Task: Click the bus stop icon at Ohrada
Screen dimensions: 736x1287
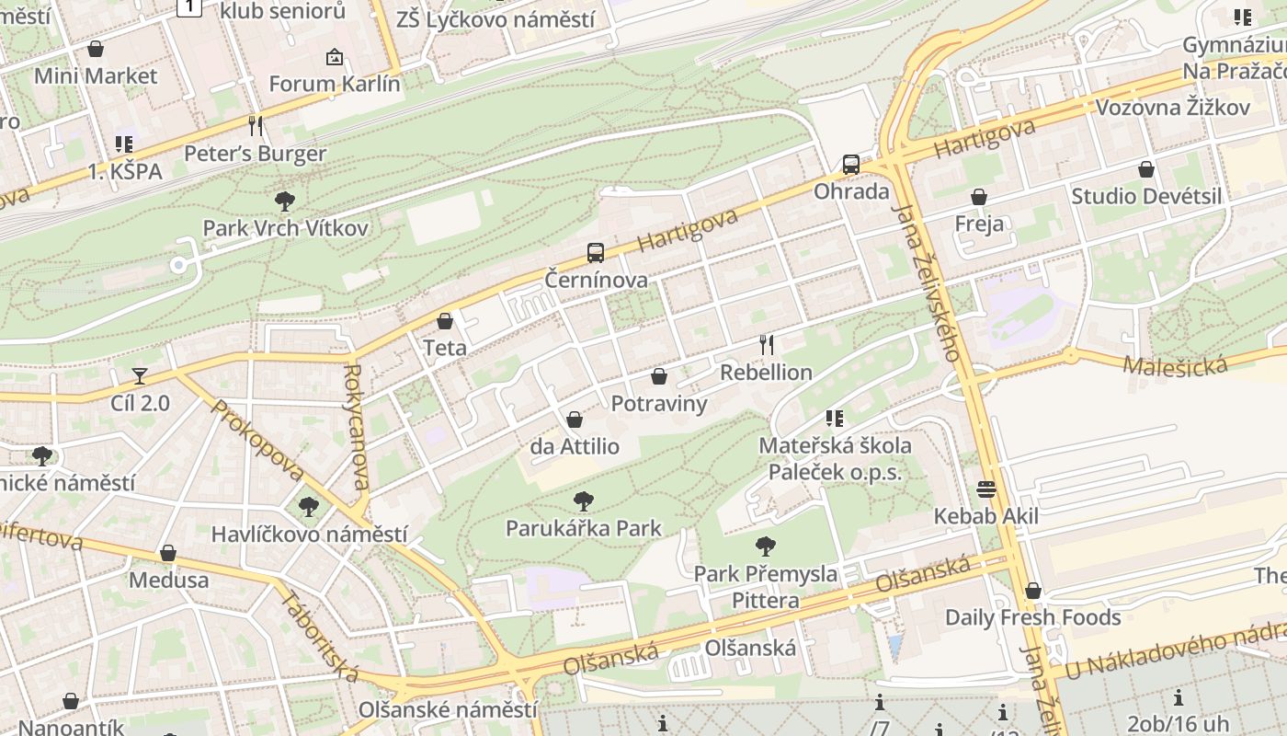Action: [x=851, y=166]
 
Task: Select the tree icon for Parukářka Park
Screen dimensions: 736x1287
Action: [x=583, y=501]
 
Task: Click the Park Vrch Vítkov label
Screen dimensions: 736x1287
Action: [x=285, y=228]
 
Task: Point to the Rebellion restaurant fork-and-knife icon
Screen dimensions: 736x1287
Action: [x=767, y=345]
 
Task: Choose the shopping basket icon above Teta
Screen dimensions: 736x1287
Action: [x=445, y=321]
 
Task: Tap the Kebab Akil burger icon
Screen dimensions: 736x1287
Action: [x=986, y=489]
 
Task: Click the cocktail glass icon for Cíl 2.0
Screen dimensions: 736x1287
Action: [x=140, y=375]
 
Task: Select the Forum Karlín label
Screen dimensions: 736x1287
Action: [x=335, y=84]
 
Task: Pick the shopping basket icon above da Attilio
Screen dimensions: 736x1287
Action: [x=575, y=420]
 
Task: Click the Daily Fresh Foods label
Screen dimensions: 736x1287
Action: [x=1033, y=617]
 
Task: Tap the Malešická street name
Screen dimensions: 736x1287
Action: [x=1175, y=365]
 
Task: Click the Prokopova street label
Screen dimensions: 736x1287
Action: [x=257, y=440]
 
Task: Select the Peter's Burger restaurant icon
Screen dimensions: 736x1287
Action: [x=256, y=125]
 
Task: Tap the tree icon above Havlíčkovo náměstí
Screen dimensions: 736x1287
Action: [x=309, y=506]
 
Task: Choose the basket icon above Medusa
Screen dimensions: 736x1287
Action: [x=168, y=553]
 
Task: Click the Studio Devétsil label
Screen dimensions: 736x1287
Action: [x=1146, y=196]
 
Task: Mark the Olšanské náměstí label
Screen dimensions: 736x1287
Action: [x=448, y=710]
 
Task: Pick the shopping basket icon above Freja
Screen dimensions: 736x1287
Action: [x=979, y=197]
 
